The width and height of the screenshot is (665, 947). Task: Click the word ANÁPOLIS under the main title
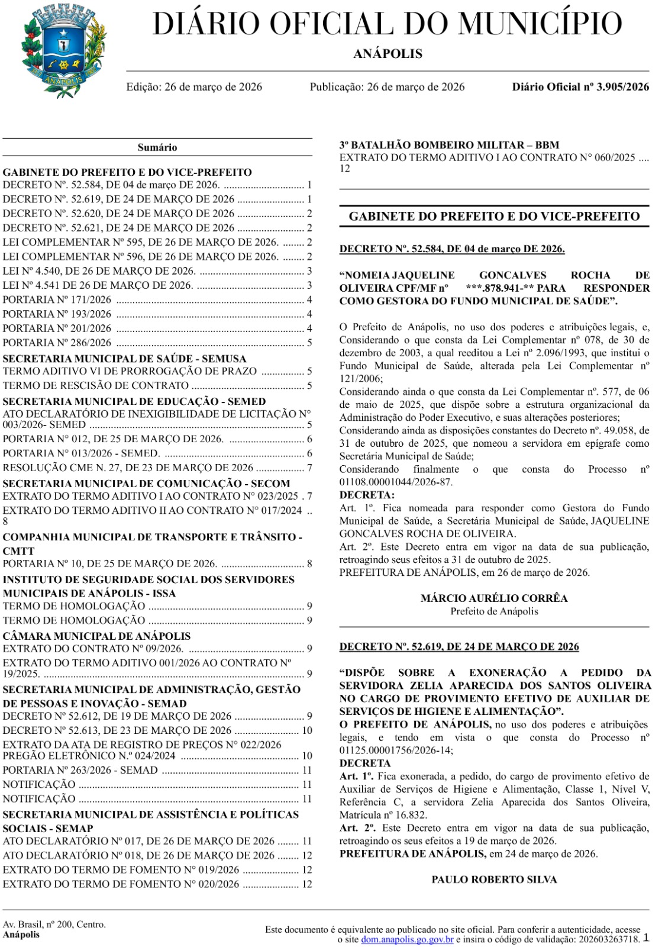[x=388, y=54]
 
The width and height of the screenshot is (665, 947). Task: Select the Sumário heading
[x=157, y=147]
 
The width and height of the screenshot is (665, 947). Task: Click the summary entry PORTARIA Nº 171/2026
[x=57, y=300]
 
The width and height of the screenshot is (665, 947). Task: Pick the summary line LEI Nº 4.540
[x=99, y=271]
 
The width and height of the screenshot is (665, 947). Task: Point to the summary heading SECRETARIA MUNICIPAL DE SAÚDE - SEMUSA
[x=124, y=359]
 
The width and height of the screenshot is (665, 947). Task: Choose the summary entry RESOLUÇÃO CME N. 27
[x=128, y=468]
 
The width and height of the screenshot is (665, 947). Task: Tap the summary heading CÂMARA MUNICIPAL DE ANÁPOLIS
[x=96, y=636]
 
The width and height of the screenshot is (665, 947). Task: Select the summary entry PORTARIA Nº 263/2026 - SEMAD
[x=80, y=770]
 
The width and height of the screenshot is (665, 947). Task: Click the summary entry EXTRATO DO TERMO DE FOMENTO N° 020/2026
[x=121, y=884]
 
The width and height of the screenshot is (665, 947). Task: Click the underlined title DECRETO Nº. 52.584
[x=452, y=249]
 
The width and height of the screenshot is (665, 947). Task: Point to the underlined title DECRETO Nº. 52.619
[x=459, y=647]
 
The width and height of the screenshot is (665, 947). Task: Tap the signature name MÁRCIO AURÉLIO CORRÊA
[x=494, y=598]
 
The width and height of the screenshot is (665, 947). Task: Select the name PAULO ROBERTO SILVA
[x=494, y=880]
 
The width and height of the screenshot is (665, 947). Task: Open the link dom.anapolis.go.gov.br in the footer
[x=407, y=939]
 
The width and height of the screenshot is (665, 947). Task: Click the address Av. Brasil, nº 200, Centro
[x=54, y=925]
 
